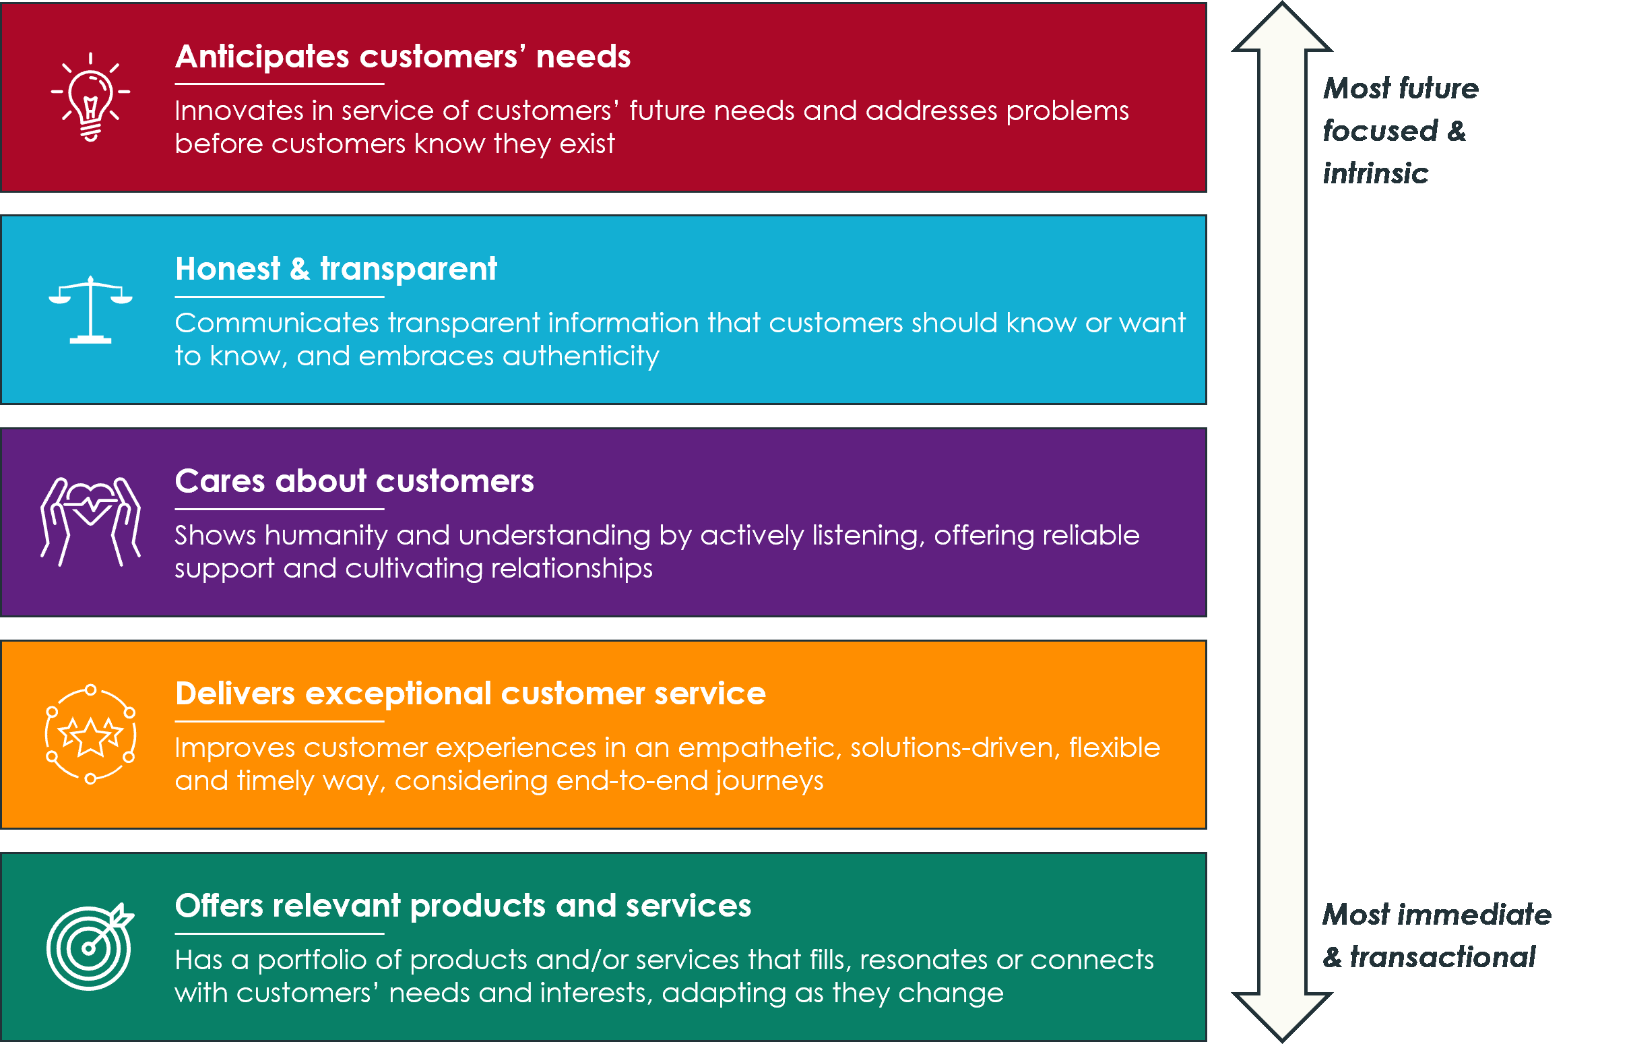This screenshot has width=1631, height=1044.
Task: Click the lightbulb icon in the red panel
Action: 90,96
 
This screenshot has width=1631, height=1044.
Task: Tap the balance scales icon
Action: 90,310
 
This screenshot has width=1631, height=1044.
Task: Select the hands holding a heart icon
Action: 90,521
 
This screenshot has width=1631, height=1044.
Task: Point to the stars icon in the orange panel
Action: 90,735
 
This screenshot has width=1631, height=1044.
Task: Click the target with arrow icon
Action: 90,946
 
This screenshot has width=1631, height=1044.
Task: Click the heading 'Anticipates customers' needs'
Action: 402,56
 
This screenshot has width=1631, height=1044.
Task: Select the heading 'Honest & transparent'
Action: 336,269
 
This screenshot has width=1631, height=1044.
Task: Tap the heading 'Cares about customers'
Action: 354,481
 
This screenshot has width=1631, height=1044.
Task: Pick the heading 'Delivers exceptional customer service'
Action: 470,694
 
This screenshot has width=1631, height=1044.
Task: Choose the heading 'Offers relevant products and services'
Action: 463,907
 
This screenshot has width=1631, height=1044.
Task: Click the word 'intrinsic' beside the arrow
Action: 1376,173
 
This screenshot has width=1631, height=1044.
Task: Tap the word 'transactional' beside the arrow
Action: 1442,957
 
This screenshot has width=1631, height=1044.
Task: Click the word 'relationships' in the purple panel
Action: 571,569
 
